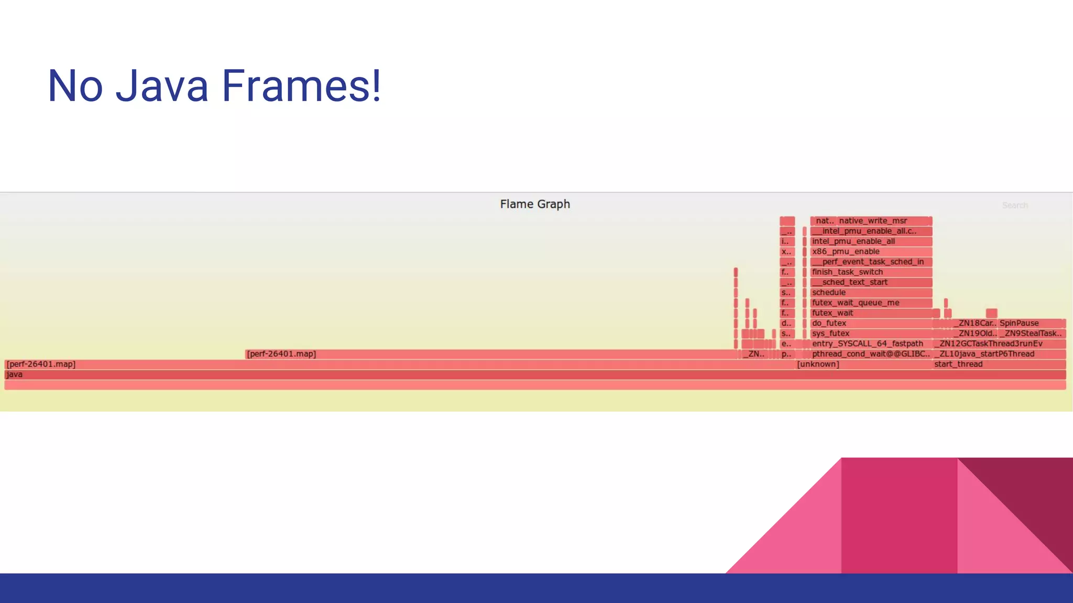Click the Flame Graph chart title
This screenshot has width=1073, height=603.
coord(534,204)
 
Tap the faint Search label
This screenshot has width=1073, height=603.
coord(1014,205)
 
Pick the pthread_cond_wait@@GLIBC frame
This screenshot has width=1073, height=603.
coord(870,354)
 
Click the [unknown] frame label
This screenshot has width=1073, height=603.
coord(818,364)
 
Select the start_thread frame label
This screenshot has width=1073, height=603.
coord(958,364)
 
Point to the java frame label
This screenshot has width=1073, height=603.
coord(15,375)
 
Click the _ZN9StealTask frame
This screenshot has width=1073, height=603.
coord(1031,333)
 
